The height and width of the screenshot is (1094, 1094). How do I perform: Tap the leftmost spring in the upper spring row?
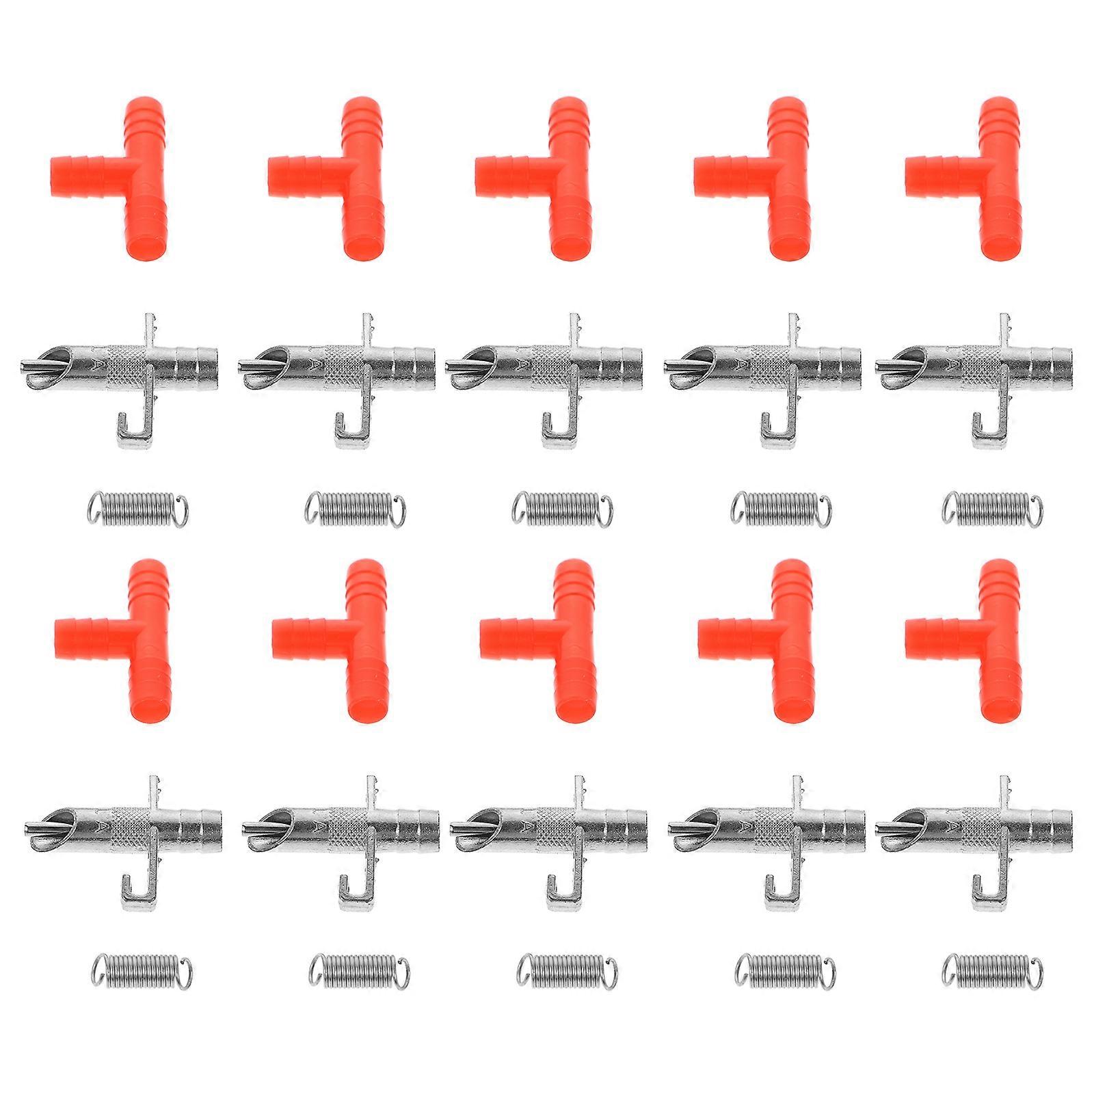point(138,509)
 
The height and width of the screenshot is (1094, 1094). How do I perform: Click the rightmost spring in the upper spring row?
point(993,509)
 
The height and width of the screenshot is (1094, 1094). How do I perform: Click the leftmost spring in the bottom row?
point(142,971)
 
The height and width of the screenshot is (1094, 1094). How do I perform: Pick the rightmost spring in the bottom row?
point(993,971)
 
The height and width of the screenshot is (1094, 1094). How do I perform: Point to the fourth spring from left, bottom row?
point(784,971)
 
